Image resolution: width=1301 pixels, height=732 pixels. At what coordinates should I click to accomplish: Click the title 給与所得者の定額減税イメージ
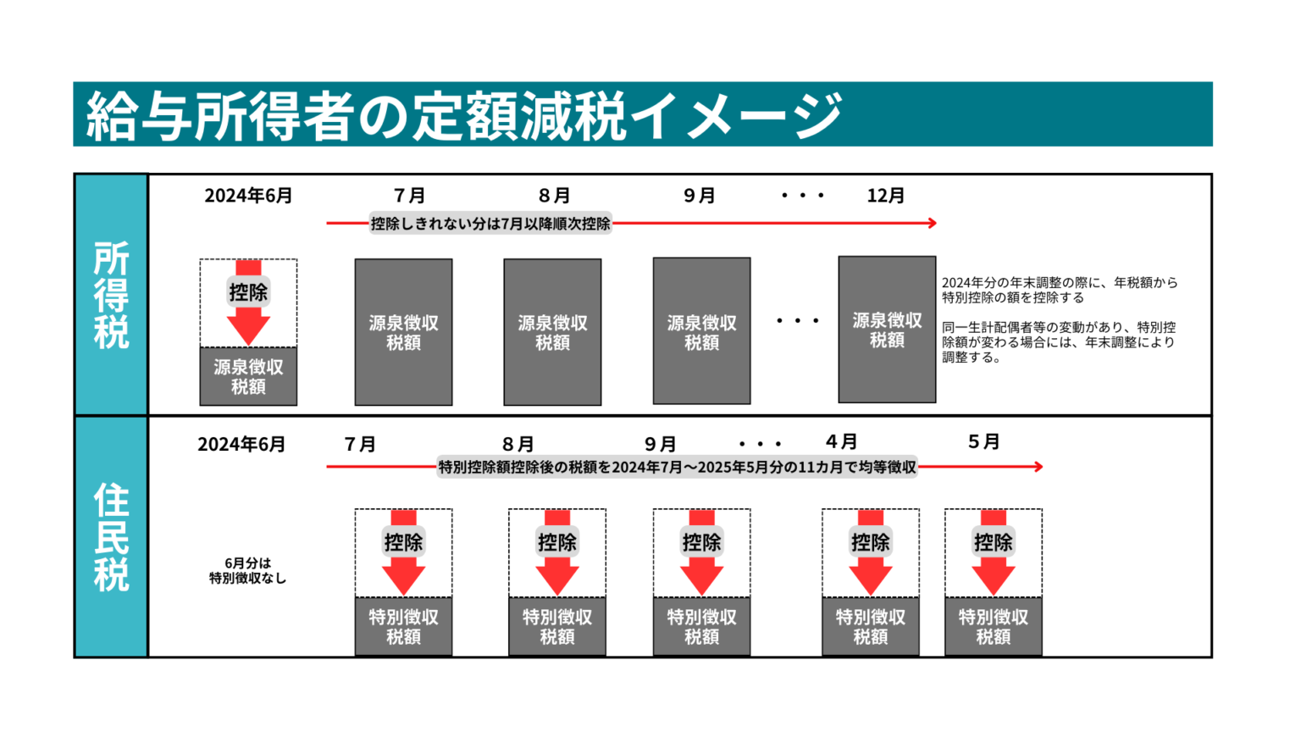click(464, 115)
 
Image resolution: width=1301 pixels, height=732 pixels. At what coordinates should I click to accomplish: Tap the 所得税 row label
click(111, 295)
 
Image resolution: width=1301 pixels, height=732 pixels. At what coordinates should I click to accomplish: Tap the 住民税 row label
click(111, 537)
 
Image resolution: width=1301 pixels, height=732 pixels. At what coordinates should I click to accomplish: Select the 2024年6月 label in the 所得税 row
click(248, 196)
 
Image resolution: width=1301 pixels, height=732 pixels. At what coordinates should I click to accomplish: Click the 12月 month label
click(885, 196)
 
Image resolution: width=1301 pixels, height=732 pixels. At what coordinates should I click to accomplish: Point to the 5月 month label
click(983, 442)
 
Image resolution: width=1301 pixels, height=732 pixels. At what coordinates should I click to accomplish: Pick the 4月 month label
click(841, 442)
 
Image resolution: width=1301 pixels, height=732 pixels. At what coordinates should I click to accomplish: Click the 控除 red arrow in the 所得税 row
click(248, 303)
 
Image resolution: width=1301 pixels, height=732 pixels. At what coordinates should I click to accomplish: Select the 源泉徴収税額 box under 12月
click(887, 330)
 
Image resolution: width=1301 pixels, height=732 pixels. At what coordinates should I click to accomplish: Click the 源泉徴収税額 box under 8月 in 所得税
click(552, 332)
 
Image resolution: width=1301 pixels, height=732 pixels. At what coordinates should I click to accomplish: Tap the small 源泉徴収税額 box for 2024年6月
click(248, 376)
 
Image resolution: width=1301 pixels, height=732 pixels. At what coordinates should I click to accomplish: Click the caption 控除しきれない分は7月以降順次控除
click(490, 224)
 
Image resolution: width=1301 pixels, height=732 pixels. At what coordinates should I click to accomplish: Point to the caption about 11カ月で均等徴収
click(677, 467)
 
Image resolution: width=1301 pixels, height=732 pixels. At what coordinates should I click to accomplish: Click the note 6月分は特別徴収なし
click(248, 570)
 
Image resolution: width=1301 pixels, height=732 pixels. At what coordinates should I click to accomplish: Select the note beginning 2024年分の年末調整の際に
click(1059, 290)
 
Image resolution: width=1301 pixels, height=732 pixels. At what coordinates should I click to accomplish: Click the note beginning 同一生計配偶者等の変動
click(1059, 342)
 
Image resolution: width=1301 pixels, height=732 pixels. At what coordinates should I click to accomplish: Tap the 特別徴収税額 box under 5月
click(993, 626)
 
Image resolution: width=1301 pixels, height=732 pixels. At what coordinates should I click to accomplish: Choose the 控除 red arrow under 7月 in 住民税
click(403, 552)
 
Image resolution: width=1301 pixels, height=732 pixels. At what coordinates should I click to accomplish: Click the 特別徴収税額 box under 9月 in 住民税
click(701, 626)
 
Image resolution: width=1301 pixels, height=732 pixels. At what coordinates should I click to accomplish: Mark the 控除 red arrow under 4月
click(870, 552)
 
